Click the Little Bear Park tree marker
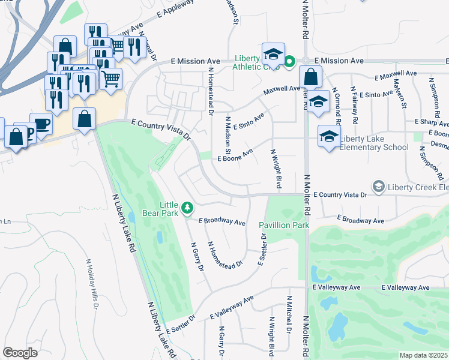[x=188, y=208]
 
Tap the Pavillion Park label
[x=283, y=225]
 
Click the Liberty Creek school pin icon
[x=378, y=187]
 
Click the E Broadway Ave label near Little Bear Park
[x=221, y=221]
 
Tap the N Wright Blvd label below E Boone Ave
[x=276, y=169]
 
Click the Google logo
[x=20, y=353]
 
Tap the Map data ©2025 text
[x=423, y=355]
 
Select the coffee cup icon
[x=41, y=124]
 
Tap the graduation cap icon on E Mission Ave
[x=273, y=54]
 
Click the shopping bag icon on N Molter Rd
[x=311, y=77]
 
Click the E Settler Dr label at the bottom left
[x=181, y=323]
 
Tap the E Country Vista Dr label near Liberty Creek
[x=340, y=195]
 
